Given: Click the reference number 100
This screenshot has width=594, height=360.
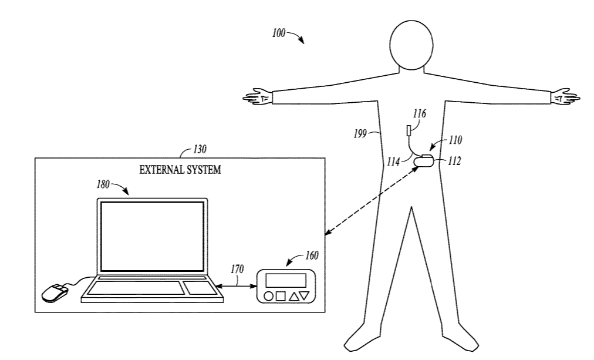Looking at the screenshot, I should [278, 34].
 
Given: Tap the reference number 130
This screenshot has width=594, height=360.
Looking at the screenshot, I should [201, 150].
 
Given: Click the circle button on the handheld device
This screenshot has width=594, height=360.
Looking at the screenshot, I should [268, 297].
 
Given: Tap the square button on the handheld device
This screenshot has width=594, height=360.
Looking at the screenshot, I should [281, 297].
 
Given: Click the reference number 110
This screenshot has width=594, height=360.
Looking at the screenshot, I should [455, 140].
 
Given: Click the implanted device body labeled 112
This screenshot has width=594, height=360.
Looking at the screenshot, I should [424, 160].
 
